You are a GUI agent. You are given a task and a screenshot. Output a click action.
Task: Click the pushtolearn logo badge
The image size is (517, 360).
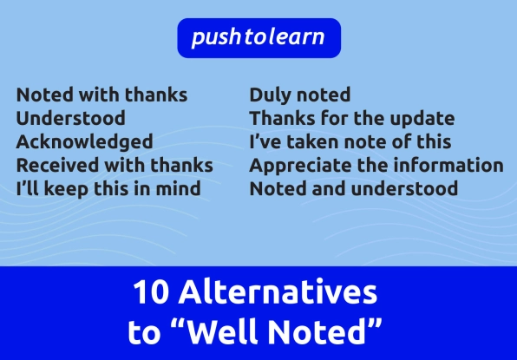[258, 38]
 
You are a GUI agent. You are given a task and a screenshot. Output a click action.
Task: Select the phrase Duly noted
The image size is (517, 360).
[300, 95]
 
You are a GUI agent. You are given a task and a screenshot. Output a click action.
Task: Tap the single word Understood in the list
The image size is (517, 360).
[70, 118]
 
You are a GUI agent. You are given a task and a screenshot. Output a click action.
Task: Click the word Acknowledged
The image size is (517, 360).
[84, 142]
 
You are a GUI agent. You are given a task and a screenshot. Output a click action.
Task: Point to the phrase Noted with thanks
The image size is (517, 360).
[101, 95]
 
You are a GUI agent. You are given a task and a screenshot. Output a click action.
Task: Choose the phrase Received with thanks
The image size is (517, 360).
[115, 165]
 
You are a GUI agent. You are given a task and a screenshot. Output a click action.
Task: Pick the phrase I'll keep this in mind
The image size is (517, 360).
[108, 189]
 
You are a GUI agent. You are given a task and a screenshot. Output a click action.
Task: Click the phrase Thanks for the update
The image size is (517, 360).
[352, 118]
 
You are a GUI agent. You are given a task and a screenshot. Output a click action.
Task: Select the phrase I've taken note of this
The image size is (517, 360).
[350, 141]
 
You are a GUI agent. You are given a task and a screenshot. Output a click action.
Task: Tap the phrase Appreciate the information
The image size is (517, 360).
[376, 166]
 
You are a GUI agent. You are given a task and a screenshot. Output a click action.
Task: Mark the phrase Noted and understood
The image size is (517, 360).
[354, 189]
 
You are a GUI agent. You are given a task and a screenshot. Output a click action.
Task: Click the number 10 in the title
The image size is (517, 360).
[151, 292]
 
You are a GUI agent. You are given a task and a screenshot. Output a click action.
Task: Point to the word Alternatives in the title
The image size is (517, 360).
[278, 291]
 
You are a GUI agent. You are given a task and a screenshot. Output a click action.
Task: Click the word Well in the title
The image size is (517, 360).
[223, 331]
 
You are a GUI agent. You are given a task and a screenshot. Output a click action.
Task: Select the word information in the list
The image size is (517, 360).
[448, 165]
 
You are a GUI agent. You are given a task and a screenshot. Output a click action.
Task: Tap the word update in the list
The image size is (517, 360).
[422, 119]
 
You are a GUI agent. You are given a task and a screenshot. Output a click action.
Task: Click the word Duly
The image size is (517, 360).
[271, 95]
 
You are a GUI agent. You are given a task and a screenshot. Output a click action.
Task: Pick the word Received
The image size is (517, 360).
[57, 165]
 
